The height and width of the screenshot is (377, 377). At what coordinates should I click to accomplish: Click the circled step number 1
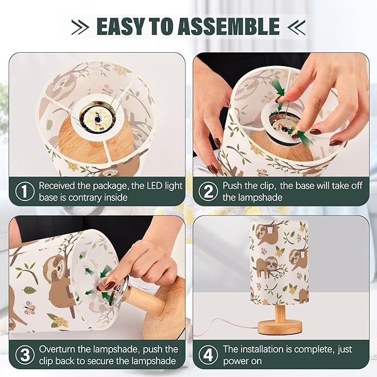25,192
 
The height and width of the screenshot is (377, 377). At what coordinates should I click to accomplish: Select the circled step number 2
208,192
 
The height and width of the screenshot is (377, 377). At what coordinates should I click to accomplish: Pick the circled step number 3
25,355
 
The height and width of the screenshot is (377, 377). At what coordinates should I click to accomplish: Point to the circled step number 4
208,355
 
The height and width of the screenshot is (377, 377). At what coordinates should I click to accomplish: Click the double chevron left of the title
81,27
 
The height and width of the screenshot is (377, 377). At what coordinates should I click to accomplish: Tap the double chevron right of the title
296,27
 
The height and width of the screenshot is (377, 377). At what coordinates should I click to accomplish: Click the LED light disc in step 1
97,117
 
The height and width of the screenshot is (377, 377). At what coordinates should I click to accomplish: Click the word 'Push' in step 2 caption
232,186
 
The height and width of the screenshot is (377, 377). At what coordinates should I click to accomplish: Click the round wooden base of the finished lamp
280,328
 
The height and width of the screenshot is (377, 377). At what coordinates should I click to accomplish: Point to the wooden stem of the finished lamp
280,313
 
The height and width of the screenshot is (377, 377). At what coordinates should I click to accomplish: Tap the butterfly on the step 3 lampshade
30,308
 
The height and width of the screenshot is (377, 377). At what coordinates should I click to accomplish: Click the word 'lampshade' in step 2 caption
253,198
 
